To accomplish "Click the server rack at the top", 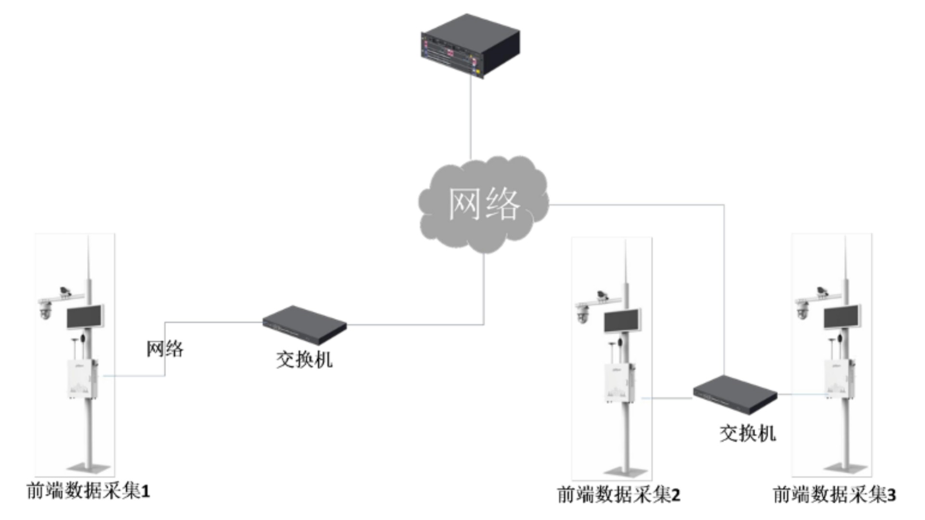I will tap(470, 46).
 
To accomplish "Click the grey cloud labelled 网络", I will tap(484, 205).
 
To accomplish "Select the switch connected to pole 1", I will tap(304, 325).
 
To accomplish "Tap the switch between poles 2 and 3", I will tap(735, 394).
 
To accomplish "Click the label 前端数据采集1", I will tap(88, 492).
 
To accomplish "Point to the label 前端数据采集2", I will tap(619, 495).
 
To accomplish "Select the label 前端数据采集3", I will tap(834, 495).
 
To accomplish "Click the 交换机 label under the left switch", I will tap(304, 360).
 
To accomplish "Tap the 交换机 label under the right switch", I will tap(748, 434).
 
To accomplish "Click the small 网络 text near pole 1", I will tap(165, 349).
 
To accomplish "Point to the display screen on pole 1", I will tap(85, 317).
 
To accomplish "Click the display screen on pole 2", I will tap(622, 321).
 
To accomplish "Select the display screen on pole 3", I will tap(842, 317).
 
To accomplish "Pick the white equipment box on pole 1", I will tap(82, 379).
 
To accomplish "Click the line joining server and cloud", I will tap(471, 118).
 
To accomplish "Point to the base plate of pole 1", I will tap(88, 467).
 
